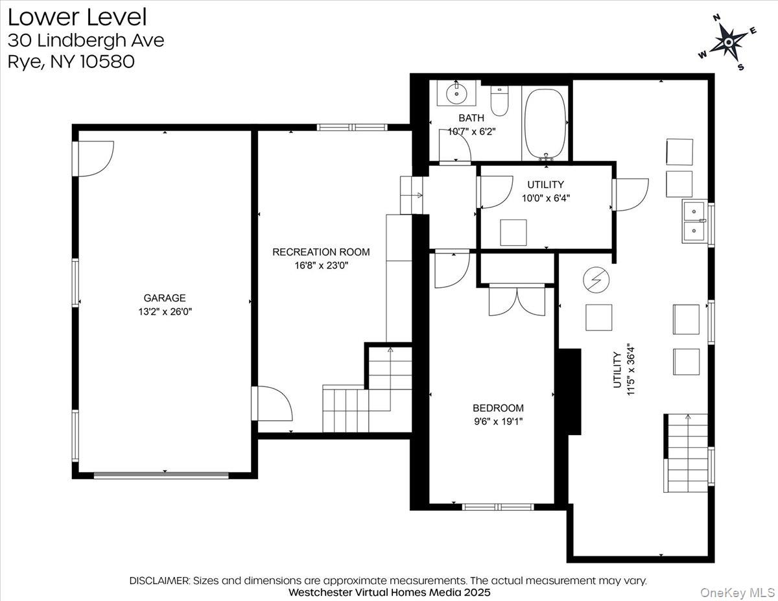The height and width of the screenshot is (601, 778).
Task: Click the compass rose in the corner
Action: click(x=728, y=41)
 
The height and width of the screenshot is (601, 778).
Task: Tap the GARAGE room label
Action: click(x=165, y=298)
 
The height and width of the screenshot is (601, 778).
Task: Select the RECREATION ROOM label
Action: click(x=321, y=252)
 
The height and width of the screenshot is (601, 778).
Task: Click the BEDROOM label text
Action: click(x=498, y=408)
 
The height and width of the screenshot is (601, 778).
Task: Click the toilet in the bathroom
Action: click(x=499, y=101)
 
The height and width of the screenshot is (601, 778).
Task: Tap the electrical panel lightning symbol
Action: click(x=596, y=279)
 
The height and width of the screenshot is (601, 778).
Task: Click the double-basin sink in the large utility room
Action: click(x=694, y=221)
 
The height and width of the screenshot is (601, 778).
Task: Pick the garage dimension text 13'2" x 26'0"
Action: click(x=165, y=311)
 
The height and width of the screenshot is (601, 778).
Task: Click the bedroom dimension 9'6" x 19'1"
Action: click(x=498, y=421)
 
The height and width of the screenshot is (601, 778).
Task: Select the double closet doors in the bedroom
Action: click(x=517, y=300)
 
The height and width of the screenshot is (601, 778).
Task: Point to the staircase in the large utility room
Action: click(x=687, y=453)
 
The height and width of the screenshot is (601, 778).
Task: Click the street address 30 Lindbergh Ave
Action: click(x=86, y=40)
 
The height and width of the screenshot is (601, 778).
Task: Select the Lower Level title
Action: click(x=77, y=16)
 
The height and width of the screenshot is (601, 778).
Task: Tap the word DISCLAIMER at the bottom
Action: click(x=159, y=580)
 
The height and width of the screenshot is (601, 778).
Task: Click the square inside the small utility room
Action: click(x=513, y=232)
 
